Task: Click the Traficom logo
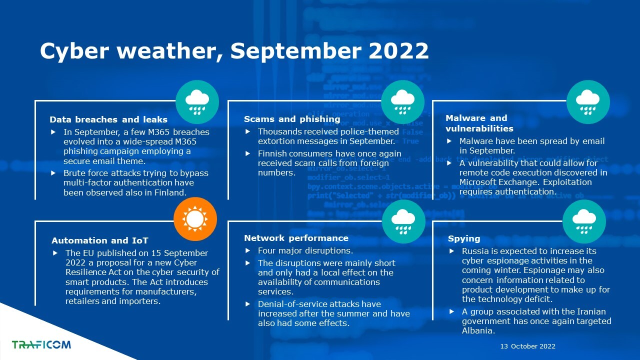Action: pos(41,344)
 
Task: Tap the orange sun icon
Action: pos(195,219)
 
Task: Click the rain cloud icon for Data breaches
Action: pos(197,102)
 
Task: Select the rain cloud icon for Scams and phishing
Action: pos(402,102)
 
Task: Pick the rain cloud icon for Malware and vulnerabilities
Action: pos(588,102)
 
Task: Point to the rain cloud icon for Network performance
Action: pos(403,221)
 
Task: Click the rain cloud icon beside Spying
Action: pos(584,221)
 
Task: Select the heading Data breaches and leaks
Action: pos(108,119)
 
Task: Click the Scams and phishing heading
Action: pos(292,119)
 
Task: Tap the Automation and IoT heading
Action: pos(100,240)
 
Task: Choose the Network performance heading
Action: pos(296,238)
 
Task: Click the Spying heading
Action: pos(464,239)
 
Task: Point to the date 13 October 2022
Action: pos(527,346)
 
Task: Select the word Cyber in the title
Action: pos(74,51)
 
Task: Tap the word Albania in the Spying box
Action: pos(478,330)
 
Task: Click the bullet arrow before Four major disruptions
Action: pos(247,250)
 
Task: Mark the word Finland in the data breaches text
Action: pos(170,192)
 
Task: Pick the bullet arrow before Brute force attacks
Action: pos(53,173)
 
